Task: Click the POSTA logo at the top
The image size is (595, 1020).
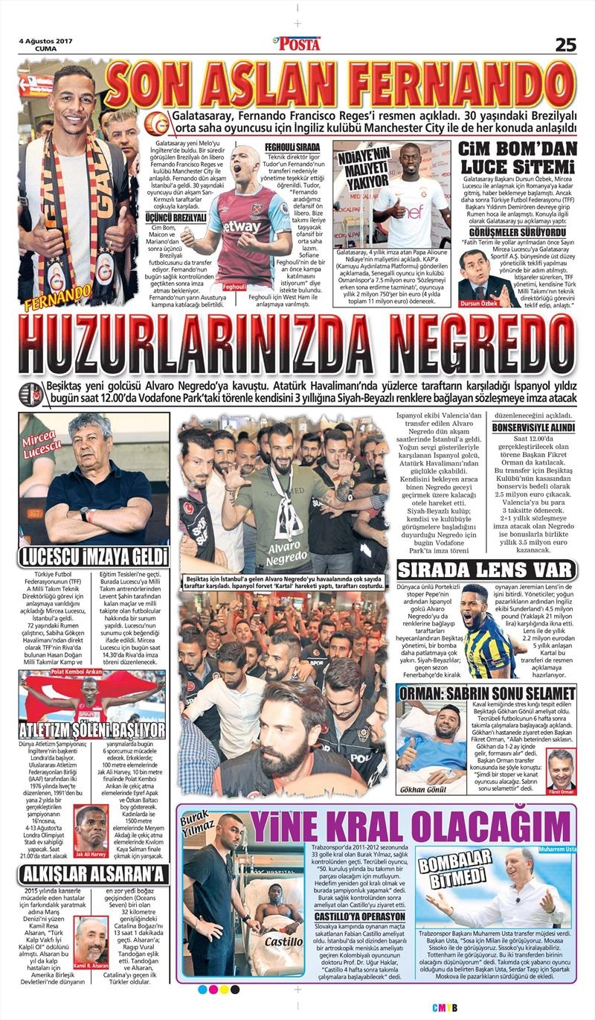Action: (x=297, y=44)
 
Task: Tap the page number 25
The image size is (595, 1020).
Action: (x=565, y=44)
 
